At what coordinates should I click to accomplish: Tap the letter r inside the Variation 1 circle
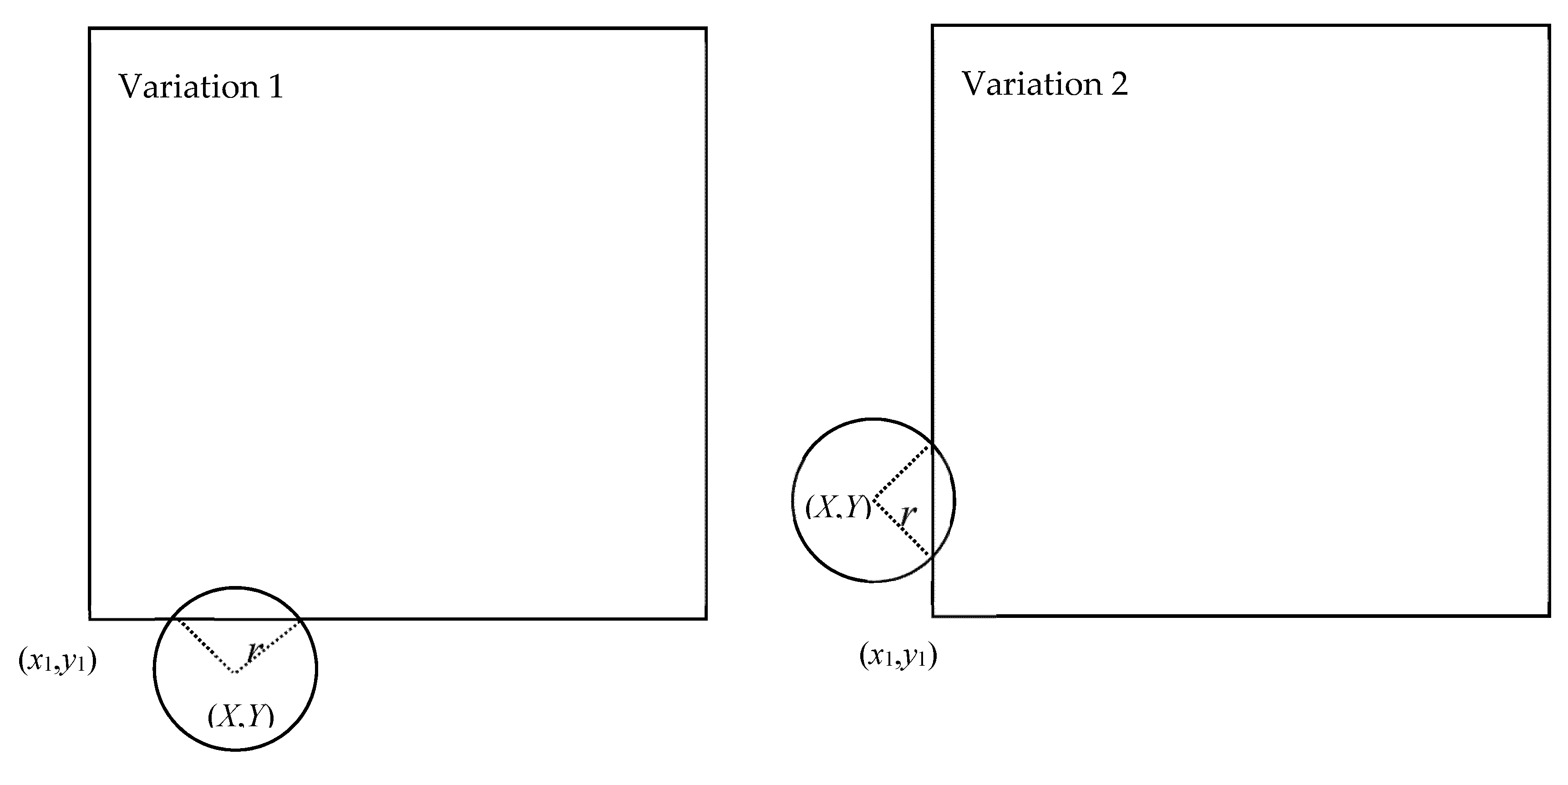pyautogui.click(x=254, y=651)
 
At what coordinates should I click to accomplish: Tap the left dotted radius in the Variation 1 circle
pyautogui.click(x=206, y=646)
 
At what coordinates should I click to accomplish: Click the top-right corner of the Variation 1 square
pyautogui.click(x=706, y=28)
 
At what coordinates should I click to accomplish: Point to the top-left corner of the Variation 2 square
pyautogui.click(x=933, y=25)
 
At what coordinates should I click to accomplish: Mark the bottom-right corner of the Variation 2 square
pyautogui.click(x=1549, y=616)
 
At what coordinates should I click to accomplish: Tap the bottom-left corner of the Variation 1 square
pyautogui.click(x=90, y=619)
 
